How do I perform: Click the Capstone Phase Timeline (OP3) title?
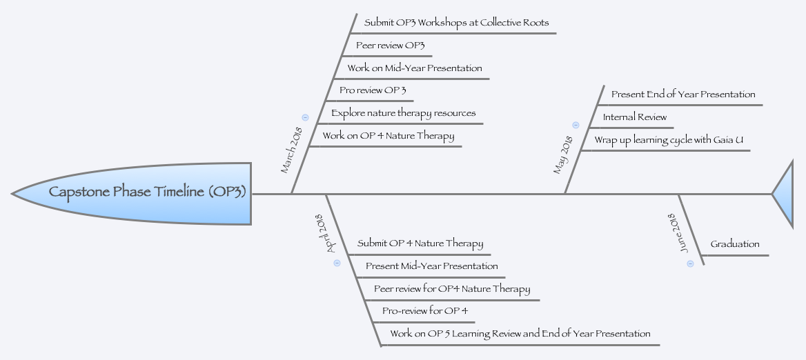(x=147, y=192)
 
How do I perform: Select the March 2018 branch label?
(x=291, y=150)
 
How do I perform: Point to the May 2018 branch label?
(x=563, y=155)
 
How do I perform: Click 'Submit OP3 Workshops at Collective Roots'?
(x=456, y=23)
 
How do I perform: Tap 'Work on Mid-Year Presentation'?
(x=415, y=68)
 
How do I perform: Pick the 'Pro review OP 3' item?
(x=373, y=90)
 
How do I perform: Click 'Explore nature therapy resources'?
(x=403, y=113)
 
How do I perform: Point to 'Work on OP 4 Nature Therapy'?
(x=389, y=136)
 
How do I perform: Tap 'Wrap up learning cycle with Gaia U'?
(x=669, y=140)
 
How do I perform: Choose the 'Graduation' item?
(x=735, y=244)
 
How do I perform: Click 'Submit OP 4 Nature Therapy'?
(x=420, y=243)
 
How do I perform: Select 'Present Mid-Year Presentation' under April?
(x=431, y=266)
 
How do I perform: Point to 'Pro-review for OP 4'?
(x=425, y=311)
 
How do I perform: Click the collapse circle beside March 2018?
(x=305, y=117)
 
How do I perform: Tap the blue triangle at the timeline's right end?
(x=785, y=194)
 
